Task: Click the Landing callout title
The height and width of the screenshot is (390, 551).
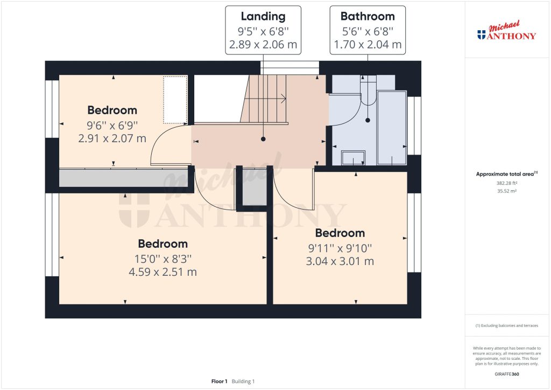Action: [263, 16]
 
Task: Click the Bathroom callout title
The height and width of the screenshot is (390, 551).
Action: [368, 16]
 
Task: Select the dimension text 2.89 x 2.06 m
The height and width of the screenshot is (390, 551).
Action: [263, 45]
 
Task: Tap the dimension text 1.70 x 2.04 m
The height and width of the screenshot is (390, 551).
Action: [368, 45]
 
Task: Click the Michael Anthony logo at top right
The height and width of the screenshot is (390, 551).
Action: [507, 32]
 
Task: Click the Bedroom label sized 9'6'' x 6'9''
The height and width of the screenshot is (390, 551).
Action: [112, 110]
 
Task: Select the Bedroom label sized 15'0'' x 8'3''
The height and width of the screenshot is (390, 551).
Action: [163, 243]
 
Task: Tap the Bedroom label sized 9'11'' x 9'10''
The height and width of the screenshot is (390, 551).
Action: [340, 233]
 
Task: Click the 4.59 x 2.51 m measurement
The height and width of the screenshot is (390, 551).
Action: [163, 272]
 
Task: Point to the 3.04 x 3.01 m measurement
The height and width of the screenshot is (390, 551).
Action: [340, 262]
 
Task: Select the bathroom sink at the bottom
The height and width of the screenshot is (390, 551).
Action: [354, 157]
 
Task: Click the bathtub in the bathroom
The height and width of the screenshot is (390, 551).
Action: [391, 128]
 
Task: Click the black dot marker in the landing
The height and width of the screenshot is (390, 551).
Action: [263, 139]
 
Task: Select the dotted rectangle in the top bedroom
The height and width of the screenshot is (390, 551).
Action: [175, 100]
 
